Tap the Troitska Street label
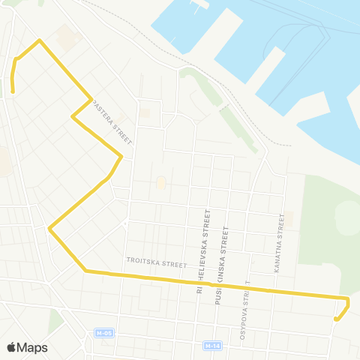coord(156,264)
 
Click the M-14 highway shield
coord(211,346)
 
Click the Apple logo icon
coord(11,347)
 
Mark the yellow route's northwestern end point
coord(13,92)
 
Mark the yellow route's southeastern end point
coord(335,319)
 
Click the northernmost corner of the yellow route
coord(39,40)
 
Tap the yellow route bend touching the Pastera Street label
coord(91,99)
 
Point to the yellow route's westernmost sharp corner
coord(49,228)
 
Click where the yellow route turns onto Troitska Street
coord(85,270)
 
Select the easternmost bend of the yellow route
coord(349,300)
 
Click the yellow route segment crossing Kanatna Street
coord(278,292)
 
